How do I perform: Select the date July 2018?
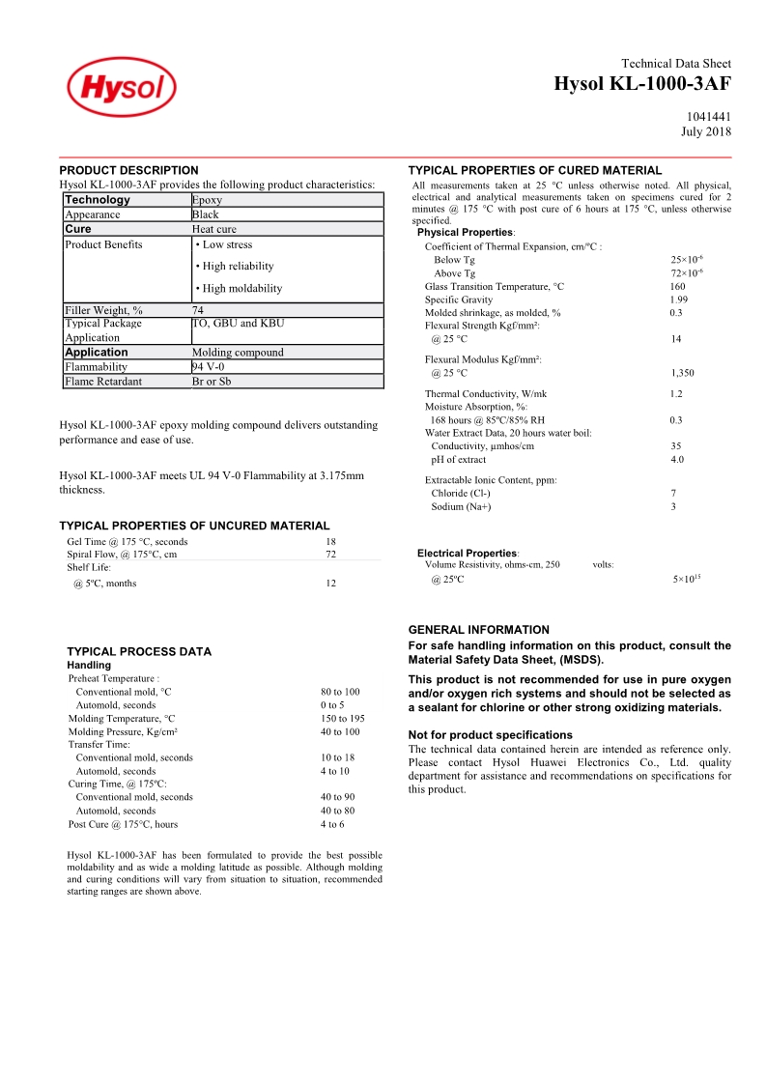coord(706,131)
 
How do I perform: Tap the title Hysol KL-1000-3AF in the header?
coord(642,84)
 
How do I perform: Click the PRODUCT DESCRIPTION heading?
coord(128,170)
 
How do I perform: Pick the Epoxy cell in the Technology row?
coord(207,200)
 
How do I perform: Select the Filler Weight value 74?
coord(198,310)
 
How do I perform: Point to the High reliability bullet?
coord(235,267)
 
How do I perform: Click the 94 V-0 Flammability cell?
coord(209,367)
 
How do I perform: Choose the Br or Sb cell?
coord(212,382)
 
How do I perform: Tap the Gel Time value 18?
coord(330,542)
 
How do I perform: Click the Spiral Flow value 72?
coord(330,555)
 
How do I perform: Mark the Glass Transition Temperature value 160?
coord(677,287)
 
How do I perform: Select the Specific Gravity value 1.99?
coord(678,300)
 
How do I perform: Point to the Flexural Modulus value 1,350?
coord(682,373)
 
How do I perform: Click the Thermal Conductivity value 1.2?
coord(676,394)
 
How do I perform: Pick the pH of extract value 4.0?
coord(677,460)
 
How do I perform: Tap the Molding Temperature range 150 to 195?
coord(342,719)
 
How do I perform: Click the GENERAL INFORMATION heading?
coord(478,630)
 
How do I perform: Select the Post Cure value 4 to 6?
coord(332,824)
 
